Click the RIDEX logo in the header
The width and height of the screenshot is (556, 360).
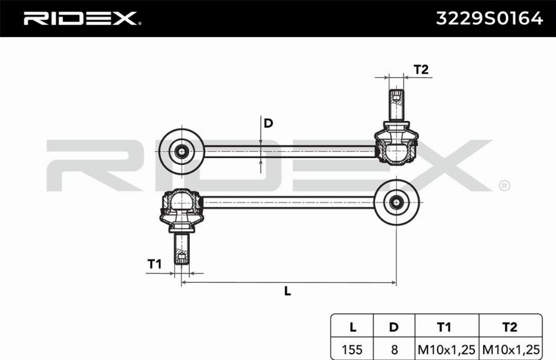[80, 19]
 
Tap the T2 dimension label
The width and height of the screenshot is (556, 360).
[421, 70]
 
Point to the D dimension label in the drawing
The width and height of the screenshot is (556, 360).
[268, 123]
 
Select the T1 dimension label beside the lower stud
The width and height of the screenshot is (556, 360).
[154, 264]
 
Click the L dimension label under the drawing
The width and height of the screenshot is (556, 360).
[287, 291]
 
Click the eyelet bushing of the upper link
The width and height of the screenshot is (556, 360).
[182, 150]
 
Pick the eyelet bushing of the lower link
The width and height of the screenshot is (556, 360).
[396, 201]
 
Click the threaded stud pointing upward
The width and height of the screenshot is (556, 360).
[396, 105]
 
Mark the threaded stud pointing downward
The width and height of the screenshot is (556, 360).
[182, 248]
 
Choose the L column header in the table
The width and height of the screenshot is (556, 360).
[352, 327]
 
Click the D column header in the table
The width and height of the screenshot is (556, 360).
[394, 327]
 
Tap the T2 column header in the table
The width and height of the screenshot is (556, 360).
[510, 327]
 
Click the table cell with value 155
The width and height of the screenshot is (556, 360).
[352, 349]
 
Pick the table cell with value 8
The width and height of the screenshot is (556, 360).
[394, 349]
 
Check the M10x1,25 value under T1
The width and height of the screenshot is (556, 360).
[446, 349]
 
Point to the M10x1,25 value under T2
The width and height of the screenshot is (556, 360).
[510, 349]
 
